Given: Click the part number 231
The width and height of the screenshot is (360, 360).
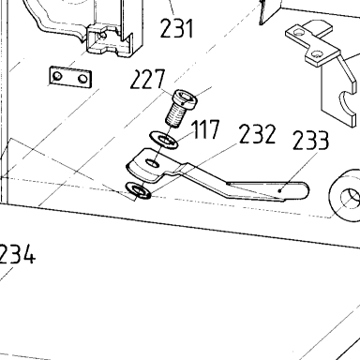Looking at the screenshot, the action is point(177,28).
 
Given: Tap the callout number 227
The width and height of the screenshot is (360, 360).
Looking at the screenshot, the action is point(147,80).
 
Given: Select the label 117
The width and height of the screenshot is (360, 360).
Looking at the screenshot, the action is point(206,129).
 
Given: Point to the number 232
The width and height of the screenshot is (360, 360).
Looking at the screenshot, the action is point(257,134).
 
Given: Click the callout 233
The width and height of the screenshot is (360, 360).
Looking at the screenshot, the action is point(310,141).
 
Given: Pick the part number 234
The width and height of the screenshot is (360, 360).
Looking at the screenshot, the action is point(17,254).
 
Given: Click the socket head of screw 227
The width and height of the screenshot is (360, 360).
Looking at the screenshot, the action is point(186,98).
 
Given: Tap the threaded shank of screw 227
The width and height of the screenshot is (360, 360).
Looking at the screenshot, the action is point(175,115).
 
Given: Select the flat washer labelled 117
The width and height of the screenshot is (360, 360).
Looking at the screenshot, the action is point(163,140).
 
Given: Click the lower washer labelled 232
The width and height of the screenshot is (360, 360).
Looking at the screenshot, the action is point(138,190).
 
